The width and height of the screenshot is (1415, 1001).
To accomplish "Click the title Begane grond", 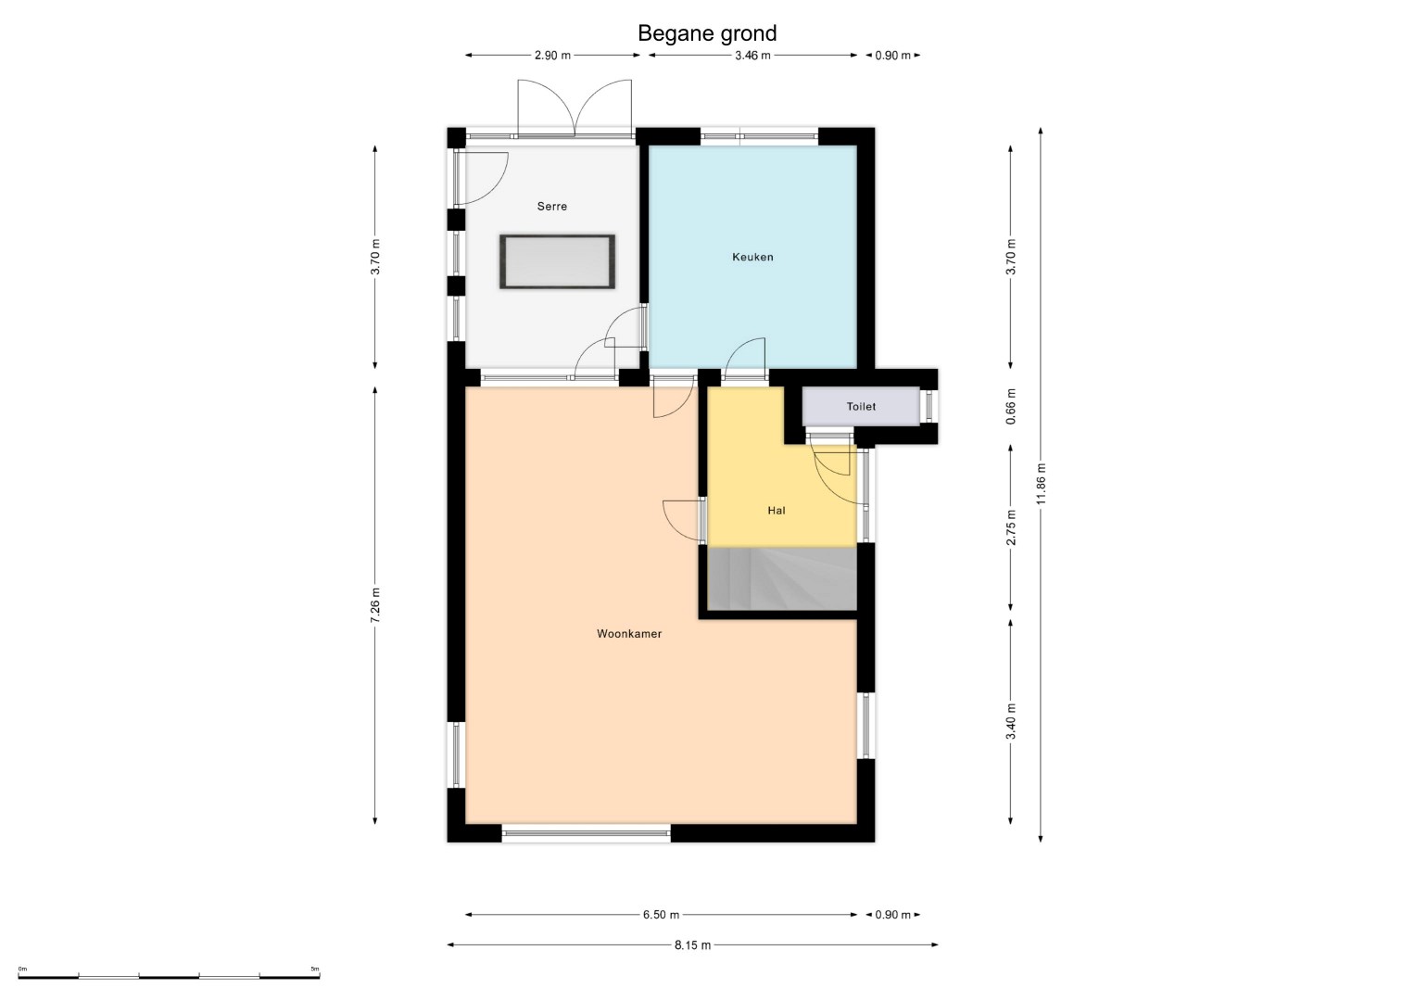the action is coord(707,32).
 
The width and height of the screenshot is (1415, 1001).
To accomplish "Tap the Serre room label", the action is coord(552,206).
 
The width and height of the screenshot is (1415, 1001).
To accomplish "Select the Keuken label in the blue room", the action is coord(752,257).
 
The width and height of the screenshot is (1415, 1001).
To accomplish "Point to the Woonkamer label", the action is coord(629,633).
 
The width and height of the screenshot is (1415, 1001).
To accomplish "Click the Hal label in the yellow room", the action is coord(777,510).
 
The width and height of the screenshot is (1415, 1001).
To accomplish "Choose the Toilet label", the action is coord(861,406).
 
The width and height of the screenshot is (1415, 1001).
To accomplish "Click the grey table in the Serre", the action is coord(557,261).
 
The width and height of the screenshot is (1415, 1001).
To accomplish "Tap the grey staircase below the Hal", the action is coord(782,579).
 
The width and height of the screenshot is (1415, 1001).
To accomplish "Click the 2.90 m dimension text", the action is coord(552,56).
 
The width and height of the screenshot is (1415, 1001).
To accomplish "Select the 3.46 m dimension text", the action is coord(752,56).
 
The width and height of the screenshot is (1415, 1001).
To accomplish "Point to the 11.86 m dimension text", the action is coord(1041,484).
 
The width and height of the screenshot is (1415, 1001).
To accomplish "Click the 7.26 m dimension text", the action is coord(375,605).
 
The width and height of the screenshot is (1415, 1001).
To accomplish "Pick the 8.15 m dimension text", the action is coord(692,944).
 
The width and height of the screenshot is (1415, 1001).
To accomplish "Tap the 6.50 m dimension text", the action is coord(662,915).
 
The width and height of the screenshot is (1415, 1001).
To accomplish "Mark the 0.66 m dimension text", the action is coord(1011,406).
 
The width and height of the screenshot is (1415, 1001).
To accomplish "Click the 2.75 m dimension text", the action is coord(1011,527).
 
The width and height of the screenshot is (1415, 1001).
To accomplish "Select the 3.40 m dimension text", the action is coord(1011,721).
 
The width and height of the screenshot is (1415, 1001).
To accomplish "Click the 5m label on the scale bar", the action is coord(315,969).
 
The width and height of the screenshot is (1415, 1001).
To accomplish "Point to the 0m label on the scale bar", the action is coord(23,969).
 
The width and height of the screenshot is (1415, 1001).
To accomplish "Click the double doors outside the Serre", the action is coord(575,108).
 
